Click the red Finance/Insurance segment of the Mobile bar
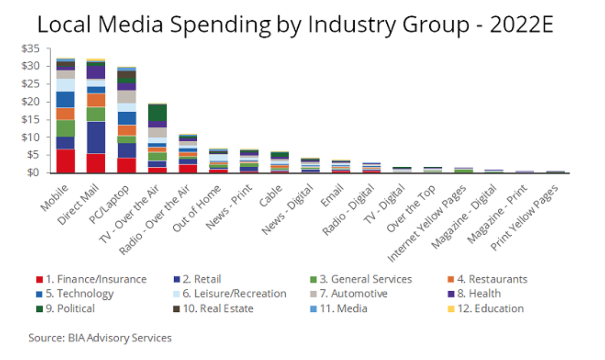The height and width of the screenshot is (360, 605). point(65,161)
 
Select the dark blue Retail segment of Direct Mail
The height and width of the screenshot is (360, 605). point(96,137)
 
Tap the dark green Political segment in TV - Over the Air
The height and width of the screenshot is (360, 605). point(157,113)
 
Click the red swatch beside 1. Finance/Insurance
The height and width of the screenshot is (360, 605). point(39,279)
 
